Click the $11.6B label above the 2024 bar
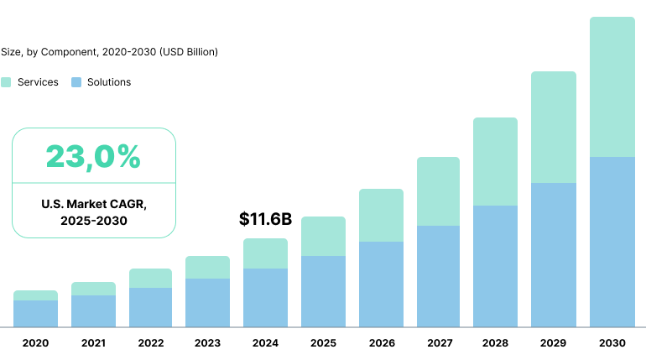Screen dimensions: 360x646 click(x=265, y=220)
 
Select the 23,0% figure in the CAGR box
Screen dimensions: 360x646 click(x=93, y=156)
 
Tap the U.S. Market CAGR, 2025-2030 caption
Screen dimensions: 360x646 click(x=93, y=212)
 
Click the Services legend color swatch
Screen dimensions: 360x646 click(x=6, y=82)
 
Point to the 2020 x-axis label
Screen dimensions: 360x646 click(x=35, y=343)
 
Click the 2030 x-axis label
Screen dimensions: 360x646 click(x=612, y=343)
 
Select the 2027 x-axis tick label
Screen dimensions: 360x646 click(x=439, y=343)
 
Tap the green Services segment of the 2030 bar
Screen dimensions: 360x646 click(x=612, y=87)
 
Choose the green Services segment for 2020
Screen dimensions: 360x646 click(x=35, y=295)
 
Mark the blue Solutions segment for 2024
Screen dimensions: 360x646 click(x=265, y=298)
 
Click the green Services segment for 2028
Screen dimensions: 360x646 click(x=496, y=161)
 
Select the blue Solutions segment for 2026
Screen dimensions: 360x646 click(x=381, y=284)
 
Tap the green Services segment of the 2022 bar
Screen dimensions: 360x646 click(x=150, y=279)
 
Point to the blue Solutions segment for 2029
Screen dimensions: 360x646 click(x=554, y=255)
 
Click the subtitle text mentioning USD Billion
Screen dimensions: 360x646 click(x=109, y=52)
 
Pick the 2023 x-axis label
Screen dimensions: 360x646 click(x=207, y=343)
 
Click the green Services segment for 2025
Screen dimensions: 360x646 click(x=323, y=237)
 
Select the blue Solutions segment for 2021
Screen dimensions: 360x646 click(x=93, y=311)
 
